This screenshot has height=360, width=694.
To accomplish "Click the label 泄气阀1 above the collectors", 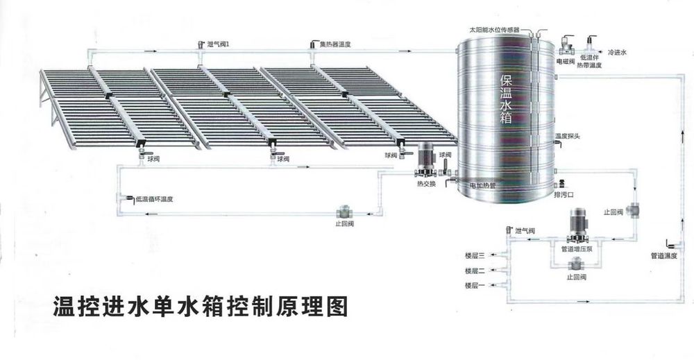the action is pyautogui.click(x=218, y=44).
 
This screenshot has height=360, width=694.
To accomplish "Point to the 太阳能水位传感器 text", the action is pyautogui.click(x=494, y=30).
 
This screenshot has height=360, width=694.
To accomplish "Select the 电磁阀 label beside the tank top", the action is pyautogui.click(x=565, y=61).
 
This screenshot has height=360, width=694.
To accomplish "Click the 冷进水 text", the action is pyautogui.click(x=618, y=52).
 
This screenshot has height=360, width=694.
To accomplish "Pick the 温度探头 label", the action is pyautogui.click(x=568, y=136).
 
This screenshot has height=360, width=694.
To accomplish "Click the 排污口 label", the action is pyautogui.click(x=564, y=195).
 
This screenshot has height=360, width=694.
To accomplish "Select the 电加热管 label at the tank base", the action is pyautogui.click(x=482, y=185).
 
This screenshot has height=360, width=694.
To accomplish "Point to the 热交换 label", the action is pyautogui.click(x=426, y=184).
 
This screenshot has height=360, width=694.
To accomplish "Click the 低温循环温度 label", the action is pyautogui.click(x=155, y=200).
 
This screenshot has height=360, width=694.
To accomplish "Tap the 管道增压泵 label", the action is pyautogui.click(x=577, y=249).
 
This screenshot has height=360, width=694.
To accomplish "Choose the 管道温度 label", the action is pyautogui.click(x=664, y=256).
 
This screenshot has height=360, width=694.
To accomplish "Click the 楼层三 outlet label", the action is pyautogui.click(x=475, y=255).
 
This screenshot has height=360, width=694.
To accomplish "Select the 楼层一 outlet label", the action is pyautogui.click(x=475, y=285).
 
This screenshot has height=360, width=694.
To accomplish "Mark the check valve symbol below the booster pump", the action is pyautogui.click(x=577, y=265).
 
